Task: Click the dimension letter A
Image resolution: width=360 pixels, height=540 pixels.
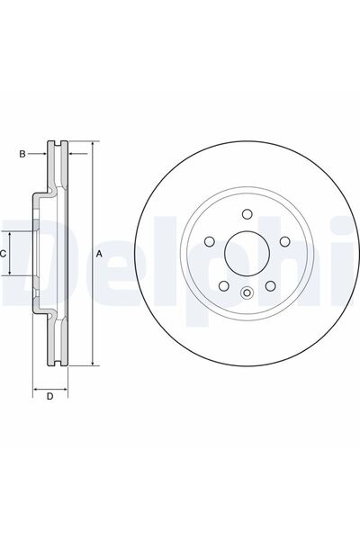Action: pos(99,254)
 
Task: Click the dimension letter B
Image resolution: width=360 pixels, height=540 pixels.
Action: pos(22,154)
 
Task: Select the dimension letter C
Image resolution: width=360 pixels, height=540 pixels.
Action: pos(3,254)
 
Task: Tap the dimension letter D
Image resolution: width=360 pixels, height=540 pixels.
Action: pos(50,396)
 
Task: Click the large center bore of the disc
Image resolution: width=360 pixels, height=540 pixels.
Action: pos(247,253)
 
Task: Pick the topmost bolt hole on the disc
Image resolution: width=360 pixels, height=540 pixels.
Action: pos(247,214)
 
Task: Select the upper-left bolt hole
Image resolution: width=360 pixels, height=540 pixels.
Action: pos(210,241)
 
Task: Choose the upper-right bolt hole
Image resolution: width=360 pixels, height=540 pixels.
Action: pos(284,241)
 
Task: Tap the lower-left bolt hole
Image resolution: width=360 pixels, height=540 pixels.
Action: pos(224,285)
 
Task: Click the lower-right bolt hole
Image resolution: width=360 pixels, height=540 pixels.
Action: pos(270,285)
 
